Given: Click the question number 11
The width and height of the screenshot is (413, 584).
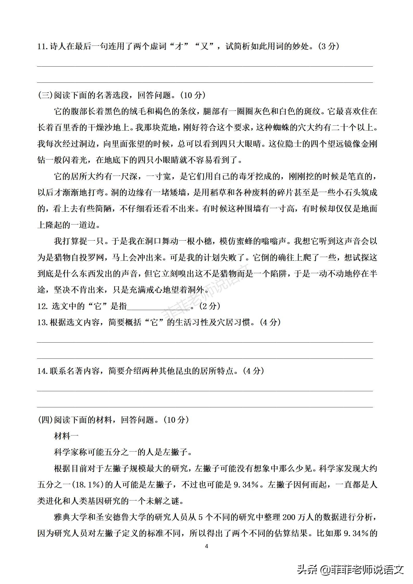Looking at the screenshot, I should click(x=43, y=47).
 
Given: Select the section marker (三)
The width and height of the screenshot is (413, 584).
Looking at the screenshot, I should click(x=45, y=95).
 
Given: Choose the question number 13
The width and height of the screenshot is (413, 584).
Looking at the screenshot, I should click(x=43, y=323).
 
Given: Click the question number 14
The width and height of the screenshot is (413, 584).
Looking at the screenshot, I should click(x=43, y=371).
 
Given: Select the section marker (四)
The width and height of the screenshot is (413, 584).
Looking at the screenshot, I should click(x=45, y=420).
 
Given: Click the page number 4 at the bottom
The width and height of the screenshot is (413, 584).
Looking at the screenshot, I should click(x=207, y=546).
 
